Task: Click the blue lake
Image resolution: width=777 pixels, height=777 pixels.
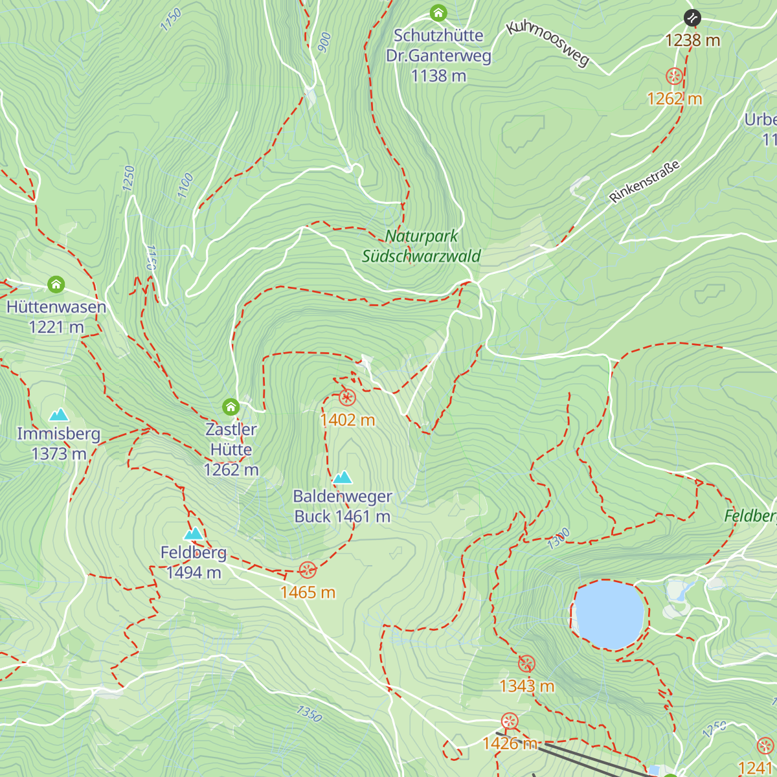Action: click(x=609, y=615)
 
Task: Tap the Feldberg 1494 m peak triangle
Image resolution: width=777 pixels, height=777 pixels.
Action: click(x=194, y=534)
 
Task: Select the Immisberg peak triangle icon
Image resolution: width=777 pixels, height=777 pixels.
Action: click(x=59, y=414)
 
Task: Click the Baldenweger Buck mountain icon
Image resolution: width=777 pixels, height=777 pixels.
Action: click(x=343, y=478)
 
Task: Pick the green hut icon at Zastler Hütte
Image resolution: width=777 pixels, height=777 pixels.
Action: click(x=231, y=407)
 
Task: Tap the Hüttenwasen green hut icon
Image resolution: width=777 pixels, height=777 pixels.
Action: click(x=56, y=284)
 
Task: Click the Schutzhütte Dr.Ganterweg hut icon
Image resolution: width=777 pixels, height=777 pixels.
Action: click(x=438, y=13)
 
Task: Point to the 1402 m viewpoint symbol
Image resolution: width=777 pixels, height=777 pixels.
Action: click(x=347, y=398)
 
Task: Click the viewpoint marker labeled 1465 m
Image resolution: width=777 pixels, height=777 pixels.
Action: click(x=308, y=570)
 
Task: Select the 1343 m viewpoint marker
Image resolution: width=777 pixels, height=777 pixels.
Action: click(x=526, y=664)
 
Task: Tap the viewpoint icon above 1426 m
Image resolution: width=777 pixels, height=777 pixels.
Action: click(x=510, y=721)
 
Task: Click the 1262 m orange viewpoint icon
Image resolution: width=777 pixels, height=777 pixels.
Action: click(x=674, y=76)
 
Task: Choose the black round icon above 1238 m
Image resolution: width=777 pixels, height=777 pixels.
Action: click(x=692, y=17)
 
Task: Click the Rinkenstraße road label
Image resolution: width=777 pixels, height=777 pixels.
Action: click(x=645, y=181)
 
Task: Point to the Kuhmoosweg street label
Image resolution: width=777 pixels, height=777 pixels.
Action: click(x=548, y=43)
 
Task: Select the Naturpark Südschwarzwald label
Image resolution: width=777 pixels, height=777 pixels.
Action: click(x=421, y=246)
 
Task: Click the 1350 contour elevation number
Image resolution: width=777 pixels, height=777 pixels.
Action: click(x=309, y=714)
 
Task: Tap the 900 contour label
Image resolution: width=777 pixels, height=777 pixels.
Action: click(x=324, y=42)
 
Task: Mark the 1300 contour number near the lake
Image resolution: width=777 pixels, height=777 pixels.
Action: click(x=558, y=539)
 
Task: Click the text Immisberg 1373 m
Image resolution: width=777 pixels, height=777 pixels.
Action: click(x=59, y=444)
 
